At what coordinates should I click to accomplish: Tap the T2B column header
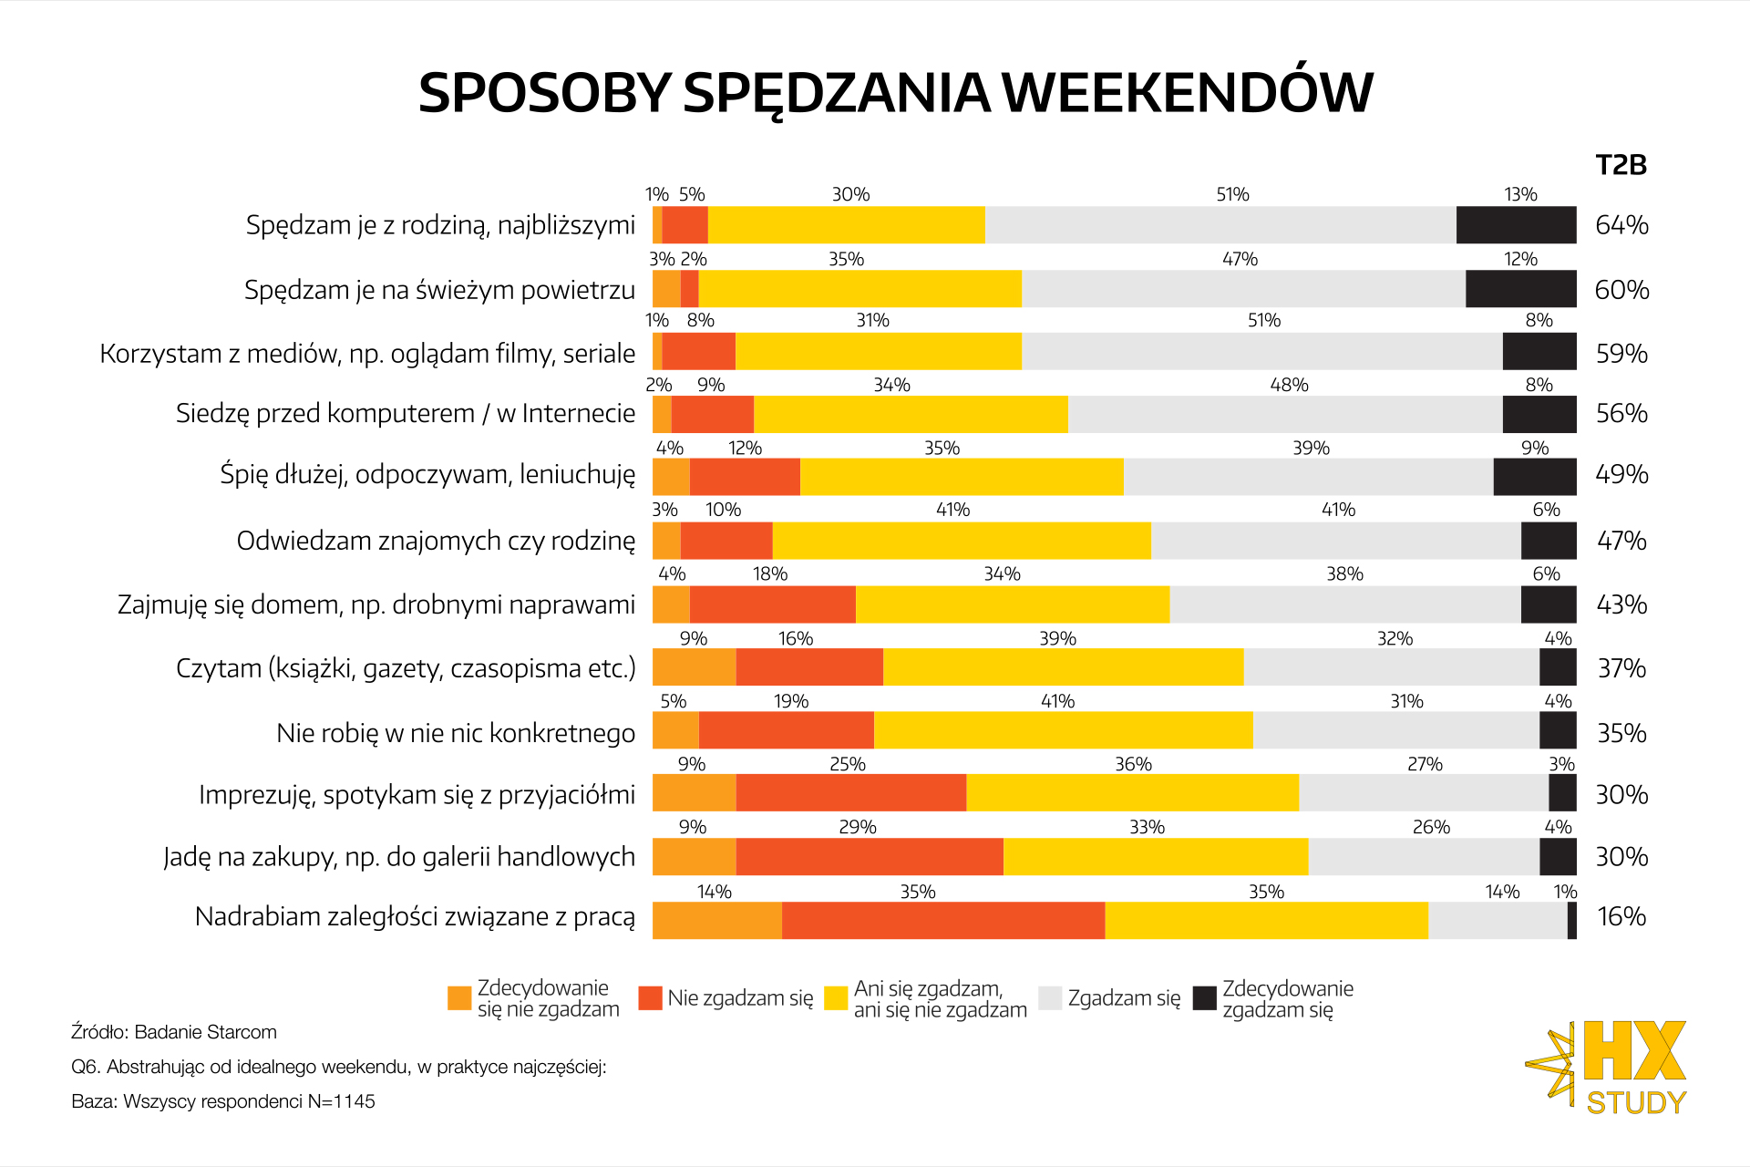pyautogui.click(x=1621, y=165)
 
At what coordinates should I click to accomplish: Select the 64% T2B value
pyautogui.click(x=1621, y=225)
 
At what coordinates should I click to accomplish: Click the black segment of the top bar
pyautogui.click(x=1516, y=225)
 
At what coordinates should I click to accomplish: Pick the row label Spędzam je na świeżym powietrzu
pyautogui.click(x=439, y=290)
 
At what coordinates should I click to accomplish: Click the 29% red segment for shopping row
pyautogui.click(x=870, y=857)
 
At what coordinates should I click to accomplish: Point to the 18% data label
pyautogui.click(x=769, y=573)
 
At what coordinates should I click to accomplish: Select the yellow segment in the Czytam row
pyautogui.click(x=1063, y=667)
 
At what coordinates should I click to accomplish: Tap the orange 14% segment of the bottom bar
pyautogui.click(x=716, y=921)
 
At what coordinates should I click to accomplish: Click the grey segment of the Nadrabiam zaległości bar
pyautogui.click(x=1498, y=921)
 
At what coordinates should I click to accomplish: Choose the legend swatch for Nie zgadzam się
pyautogui.click(x=650, y=998)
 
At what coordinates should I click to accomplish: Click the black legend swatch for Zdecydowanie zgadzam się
pyautogui.click(x=1205, y=998)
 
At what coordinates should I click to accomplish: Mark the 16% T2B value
pyautogui.click(x=1621, y=916)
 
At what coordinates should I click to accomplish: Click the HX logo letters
pyautogui.click(x=1635, y=1051)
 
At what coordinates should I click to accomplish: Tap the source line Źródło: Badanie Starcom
pyautogui.click(x=174, y=1032)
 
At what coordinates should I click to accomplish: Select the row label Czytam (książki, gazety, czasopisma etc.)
pyautogui.click(x=406, y=668)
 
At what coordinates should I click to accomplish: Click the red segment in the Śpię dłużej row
pyautogui.click(x=745, y=477)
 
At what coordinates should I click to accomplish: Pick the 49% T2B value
pyautogui.click(x=1621, y=474)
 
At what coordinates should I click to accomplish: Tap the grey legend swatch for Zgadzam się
pyautogui.click(x=1050, y=998)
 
